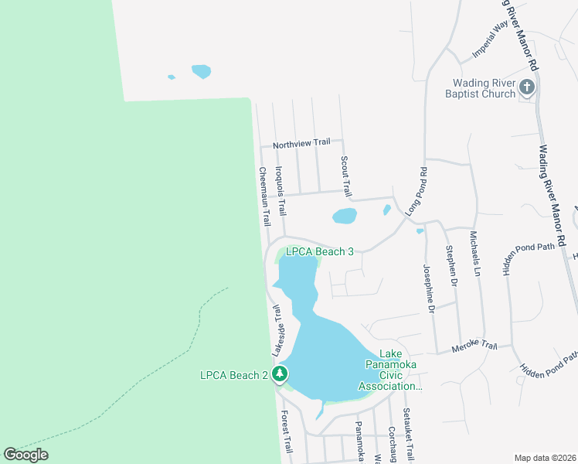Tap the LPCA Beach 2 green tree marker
[x=280, y=374]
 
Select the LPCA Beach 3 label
[x=319, y=251]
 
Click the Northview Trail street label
[x=301, y=142]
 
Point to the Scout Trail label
[x=346, y=176]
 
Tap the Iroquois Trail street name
[x=282, y=192]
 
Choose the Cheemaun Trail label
[x=263, y=196]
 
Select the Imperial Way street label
[x=491, y=39]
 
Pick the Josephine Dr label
[x=427, y=288]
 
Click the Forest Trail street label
[x=287, y=432]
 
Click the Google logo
[x=26, y=454]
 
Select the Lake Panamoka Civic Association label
[x=394, y=375]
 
